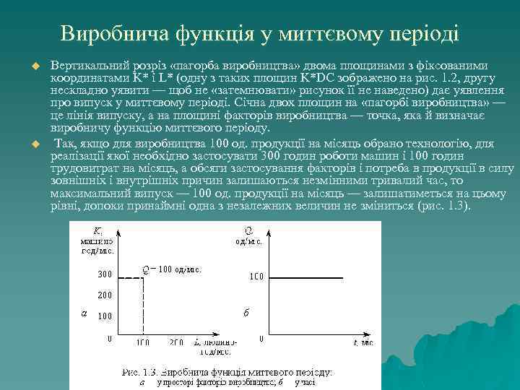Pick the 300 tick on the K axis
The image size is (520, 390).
click(x=105, y=274)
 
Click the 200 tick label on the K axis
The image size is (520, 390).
click(x=105, y=295)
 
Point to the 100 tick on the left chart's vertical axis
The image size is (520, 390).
click(x=105, y=316)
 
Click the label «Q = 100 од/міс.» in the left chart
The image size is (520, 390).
click(x=171, y=269)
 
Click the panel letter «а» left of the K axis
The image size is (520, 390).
click(x=84, y=313)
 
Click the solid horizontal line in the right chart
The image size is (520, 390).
click(x=318, y=276)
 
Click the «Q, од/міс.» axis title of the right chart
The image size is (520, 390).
click(x=249, y=235)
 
